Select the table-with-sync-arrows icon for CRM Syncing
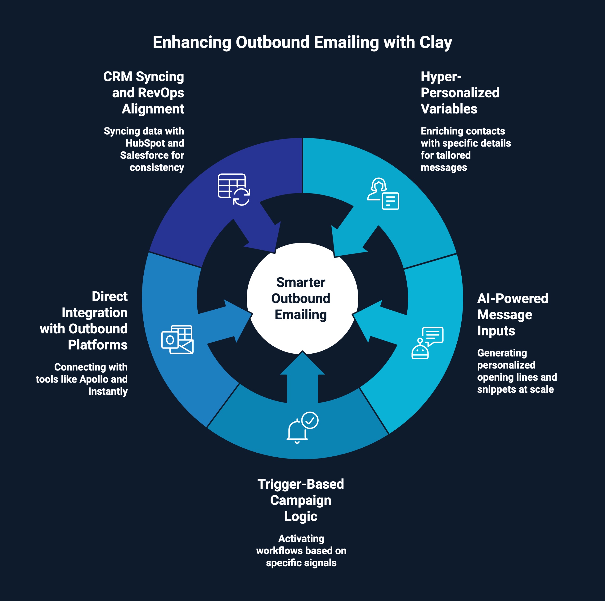[234, 189]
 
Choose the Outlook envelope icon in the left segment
[177, 340]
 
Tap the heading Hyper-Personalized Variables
[459, 93]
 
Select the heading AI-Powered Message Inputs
[512, 315]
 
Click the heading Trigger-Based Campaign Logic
[301, 500]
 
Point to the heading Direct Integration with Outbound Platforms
[84, 320]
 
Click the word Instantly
[108, 391]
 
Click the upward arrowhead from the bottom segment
[302, 363]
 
